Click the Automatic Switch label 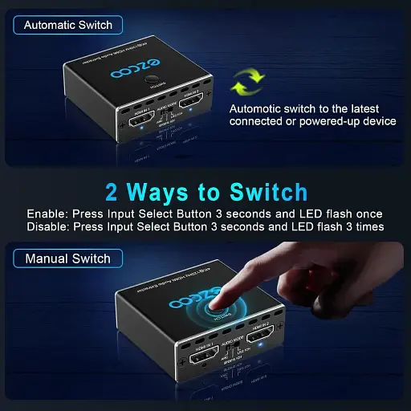[x=67, y=25]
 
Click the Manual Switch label [x=67, y=259]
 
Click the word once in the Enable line [x=365, y=214]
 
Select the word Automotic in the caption [x=258, y=108]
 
